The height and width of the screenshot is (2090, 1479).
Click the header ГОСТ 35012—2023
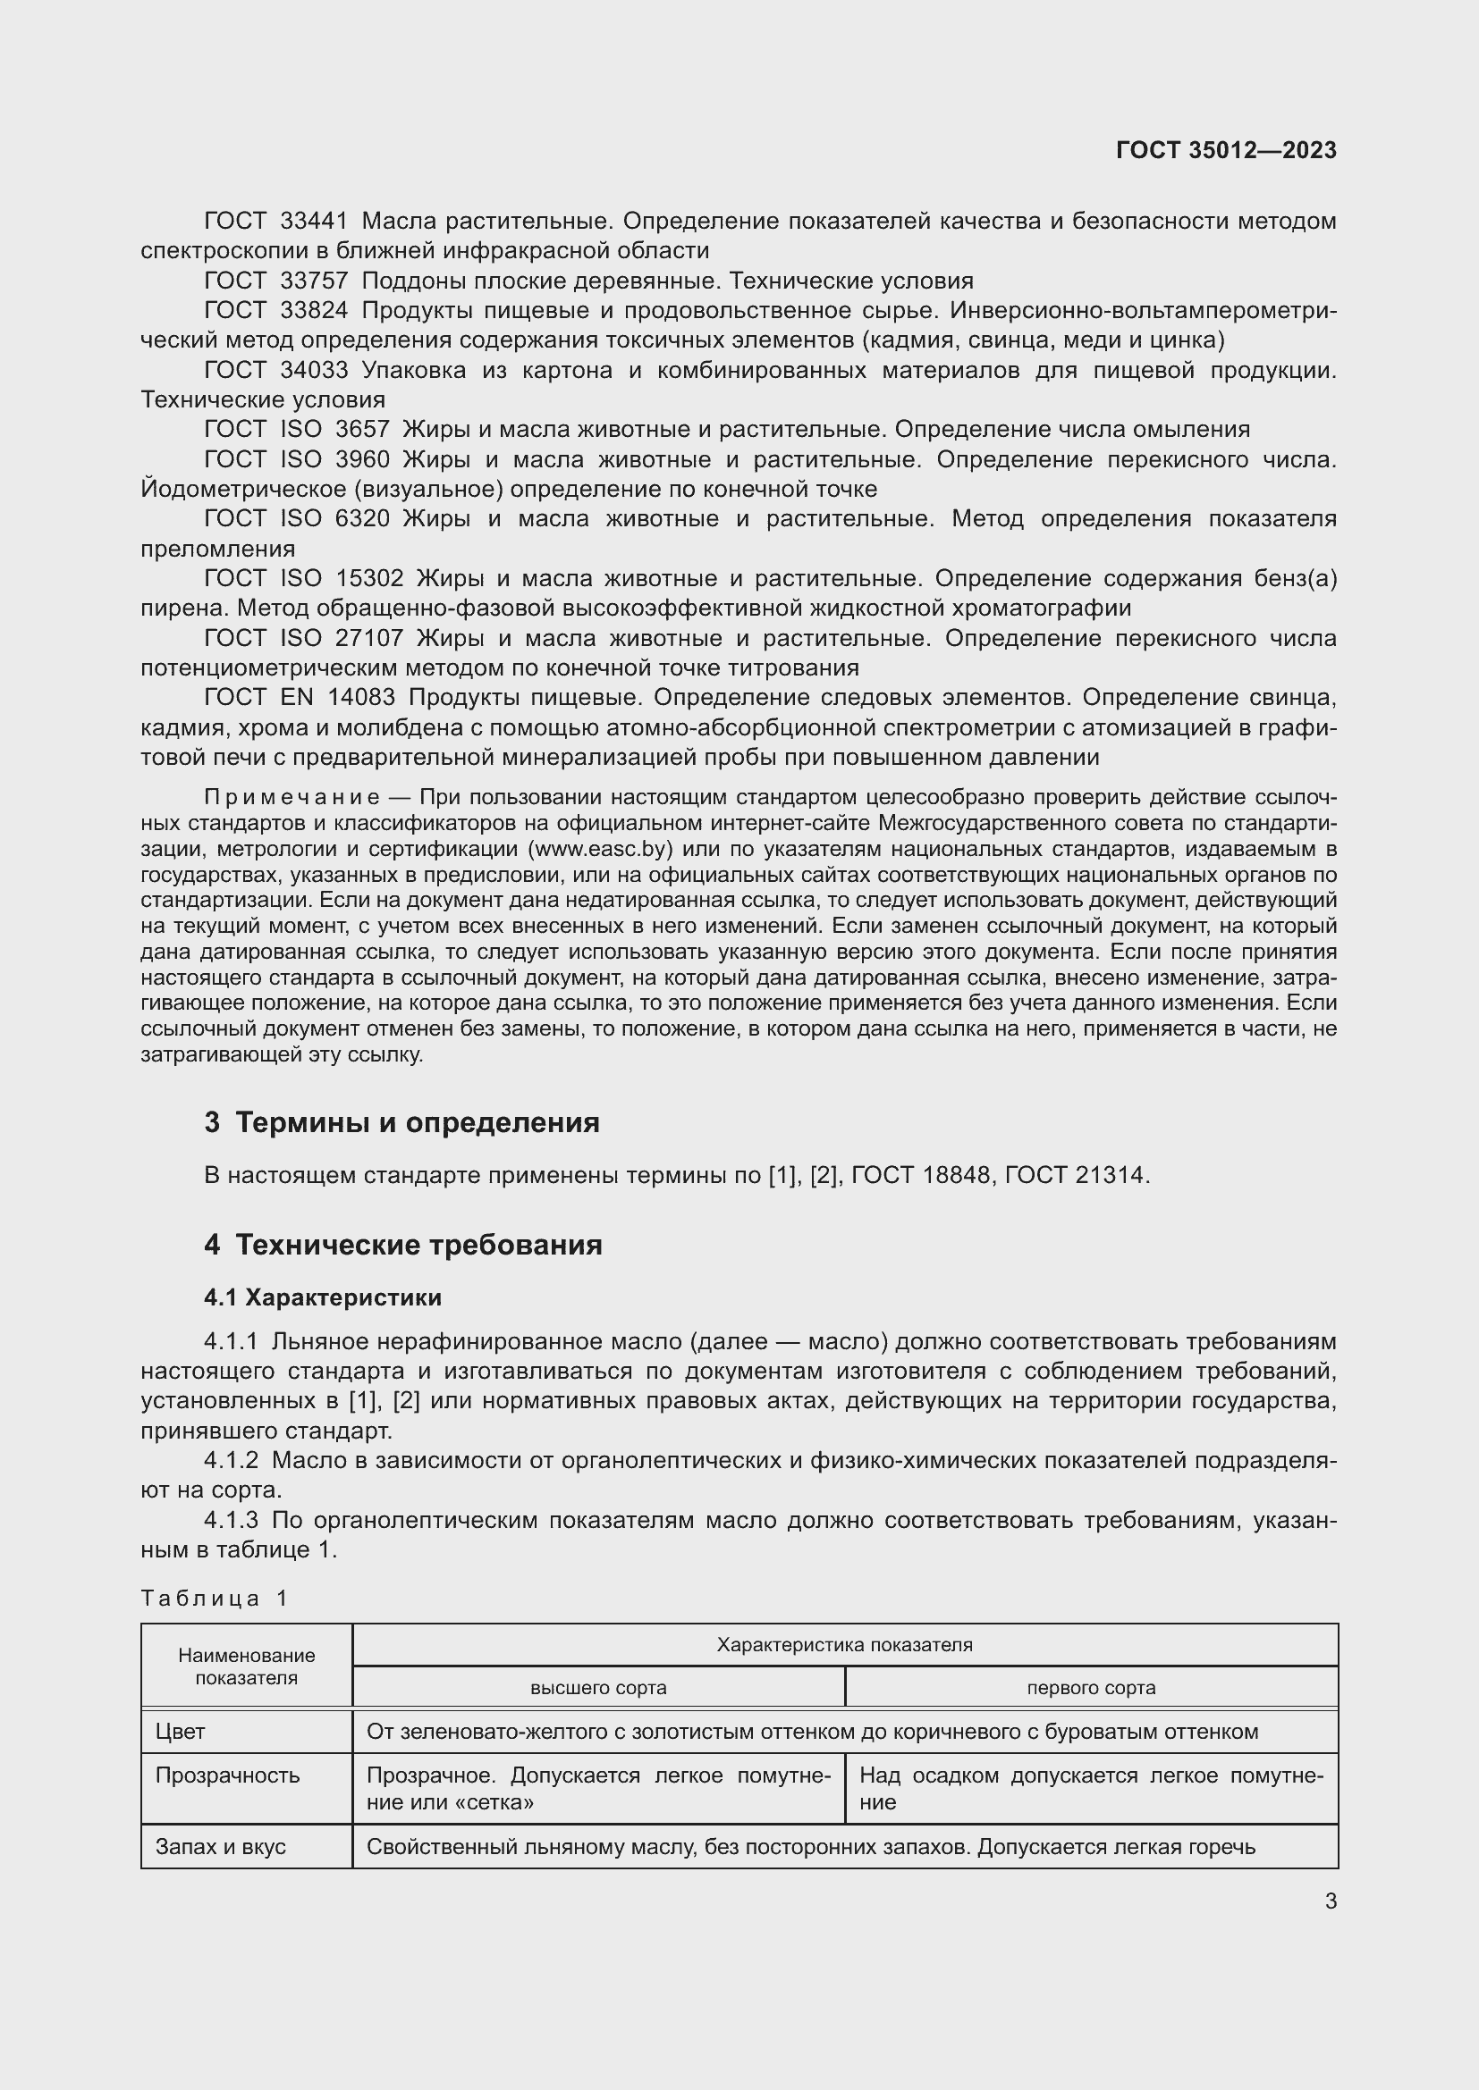1226,150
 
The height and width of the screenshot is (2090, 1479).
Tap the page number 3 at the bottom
1331,1901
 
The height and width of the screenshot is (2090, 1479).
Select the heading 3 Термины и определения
401,1122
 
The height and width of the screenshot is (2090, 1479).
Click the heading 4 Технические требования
403,1245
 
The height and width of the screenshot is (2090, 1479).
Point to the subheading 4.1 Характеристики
323,1297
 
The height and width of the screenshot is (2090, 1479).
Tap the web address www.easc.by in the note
600,849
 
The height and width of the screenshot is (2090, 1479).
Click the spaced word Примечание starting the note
292,797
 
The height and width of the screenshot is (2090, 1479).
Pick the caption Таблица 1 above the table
214,1599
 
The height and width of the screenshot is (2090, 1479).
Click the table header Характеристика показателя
844,1645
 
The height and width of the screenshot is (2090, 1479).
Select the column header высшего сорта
598,1688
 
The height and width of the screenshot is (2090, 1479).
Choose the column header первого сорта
1091,1688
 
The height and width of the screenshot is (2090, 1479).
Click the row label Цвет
181,1732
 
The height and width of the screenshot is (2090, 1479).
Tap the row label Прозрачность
227,1775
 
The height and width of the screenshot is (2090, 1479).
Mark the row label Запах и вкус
220,1846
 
